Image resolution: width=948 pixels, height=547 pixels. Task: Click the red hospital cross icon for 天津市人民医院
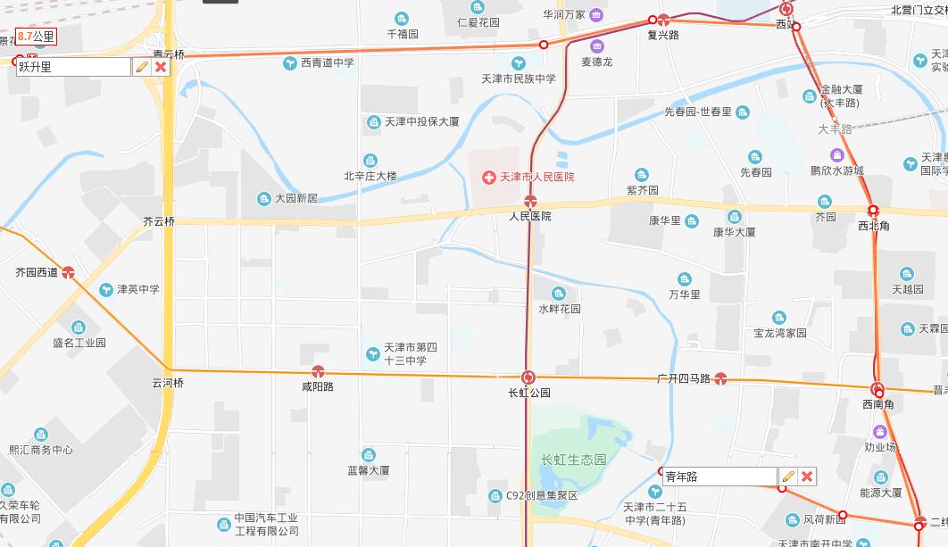point(488,178)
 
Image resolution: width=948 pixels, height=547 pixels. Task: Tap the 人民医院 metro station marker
point(530,201)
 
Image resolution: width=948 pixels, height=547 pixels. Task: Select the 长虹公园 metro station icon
point(528,377)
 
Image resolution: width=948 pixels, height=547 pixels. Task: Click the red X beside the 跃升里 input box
point(161,67)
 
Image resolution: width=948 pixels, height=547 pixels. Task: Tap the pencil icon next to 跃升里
point(141,67)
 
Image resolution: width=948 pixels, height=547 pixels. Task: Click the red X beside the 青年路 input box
point(807,477)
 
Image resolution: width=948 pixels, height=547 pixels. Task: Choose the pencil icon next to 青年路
point(787,477)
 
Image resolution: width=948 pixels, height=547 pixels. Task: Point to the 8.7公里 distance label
point(36,37)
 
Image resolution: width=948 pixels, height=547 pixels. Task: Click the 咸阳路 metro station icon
point(317,371)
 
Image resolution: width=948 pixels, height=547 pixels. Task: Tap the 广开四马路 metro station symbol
point(721,378)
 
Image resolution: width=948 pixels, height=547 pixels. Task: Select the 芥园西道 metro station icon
point(68,272)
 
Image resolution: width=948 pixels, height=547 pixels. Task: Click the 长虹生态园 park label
point(573,460)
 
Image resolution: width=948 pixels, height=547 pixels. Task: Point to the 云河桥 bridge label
point(168,383)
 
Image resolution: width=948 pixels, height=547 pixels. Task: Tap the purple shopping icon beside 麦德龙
point(596,46)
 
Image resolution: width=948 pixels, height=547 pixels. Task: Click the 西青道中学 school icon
point(290,62)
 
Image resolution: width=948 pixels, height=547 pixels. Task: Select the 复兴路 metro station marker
point(663,20)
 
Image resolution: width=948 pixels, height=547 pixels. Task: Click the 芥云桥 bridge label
point(159,220)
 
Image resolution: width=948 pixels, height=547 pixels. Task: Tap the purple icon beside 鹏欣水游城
point(836,155)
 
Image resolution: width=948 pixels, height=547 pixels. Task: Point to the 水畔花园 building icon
point(559,294)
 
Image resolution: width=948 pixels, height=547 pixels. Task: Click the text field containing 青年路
point(718,477)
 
